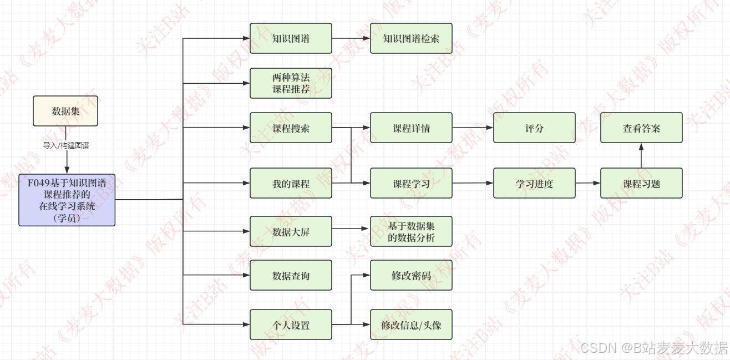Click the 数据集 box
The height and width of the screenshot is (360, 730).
(65, 111)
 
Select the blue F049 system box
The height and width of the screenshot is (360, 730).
(67, 200)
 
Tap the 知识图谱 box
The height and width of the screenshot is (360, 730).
(291, 38)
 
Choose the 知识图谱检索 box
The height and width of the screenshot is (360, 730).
(411, 38)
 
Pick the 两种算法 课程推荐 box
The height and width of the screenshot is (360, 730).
(291, 83)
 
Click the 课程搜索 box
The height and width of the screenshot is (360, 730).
(291, 128)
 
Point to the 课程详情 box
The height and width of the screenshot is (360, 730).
(411, 128)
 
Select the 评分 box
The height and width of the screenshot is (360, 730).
(534, 128)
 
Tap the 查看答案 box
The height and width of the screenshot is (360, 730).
(641, 128)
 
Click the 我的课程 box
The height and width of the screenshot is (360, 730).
(291, 183)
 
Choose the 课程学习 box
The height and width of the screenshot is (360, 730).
(411, 183)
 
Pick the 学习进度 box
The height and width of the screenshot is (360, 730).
(534, 183)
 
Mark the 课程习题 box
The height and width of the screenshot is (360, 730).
(641, 183)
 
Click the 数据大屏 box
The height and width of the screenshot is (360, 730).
(291, 231)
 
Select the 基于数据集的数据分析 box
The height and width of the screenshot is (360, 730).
(411, 231)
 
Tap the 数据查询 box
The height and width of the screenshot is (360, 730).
(291, 275)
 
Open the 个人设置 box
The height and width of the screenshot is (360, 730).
(291, 324)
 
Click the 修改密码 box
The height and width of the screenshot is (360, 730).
(411, 275)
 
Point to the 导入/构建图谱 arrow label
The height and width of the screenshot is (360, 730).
(67, 146)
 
